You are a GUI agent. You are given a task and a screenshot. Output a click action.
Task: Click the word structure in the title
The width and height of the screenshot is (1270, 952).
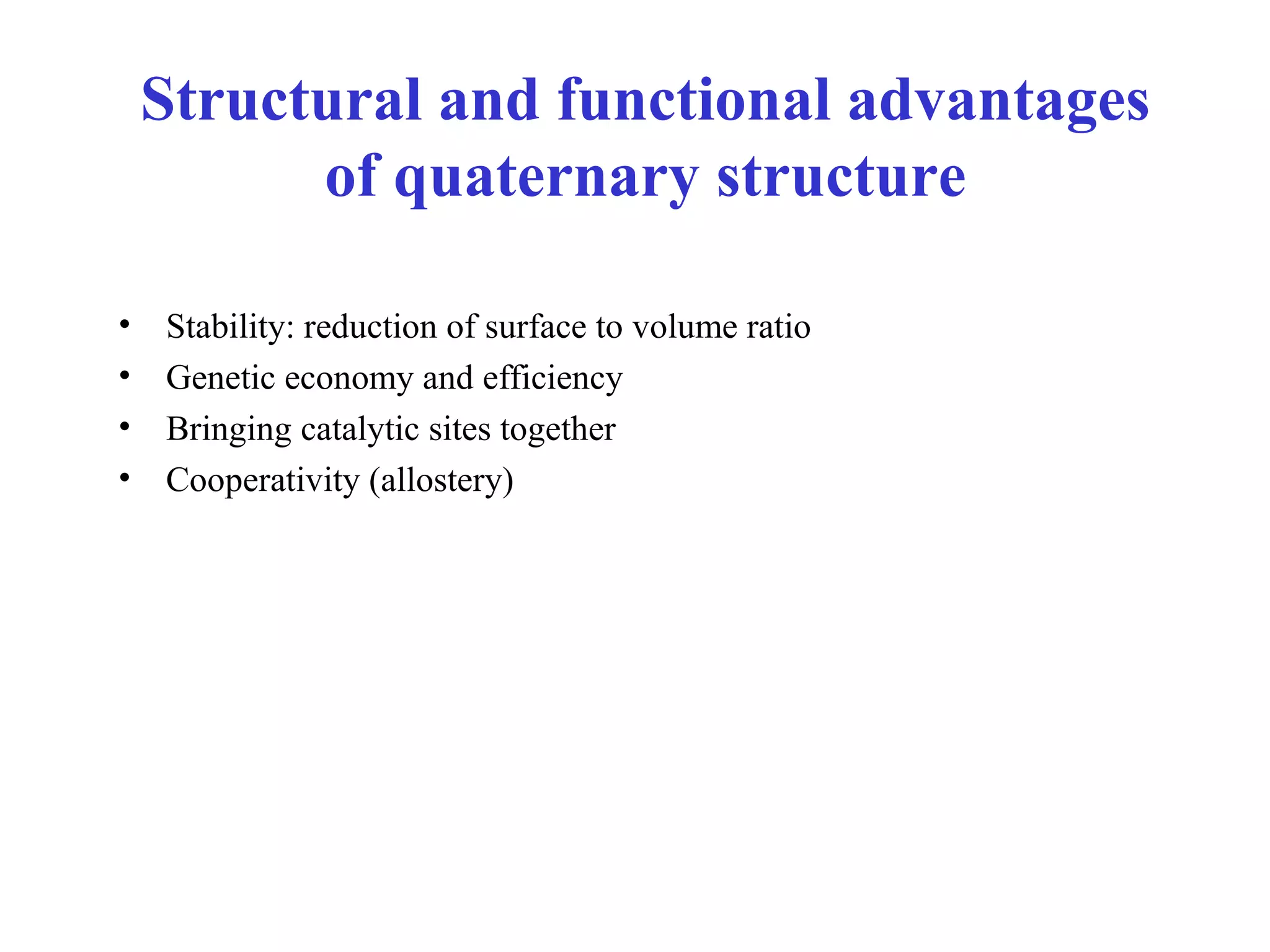(x=841, y=177)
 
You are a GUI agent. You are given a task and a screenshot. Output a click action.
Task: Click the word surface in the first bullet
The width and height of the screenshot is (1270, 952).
(x=535, y=327)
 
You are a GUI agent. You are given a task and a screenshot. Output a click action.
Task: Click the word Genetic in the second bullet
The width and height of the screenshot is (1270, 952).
(x=220, y=377)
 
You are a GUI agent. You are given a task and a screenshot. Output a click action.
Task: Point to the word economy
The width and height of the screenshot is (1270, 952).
(x=349, y=379)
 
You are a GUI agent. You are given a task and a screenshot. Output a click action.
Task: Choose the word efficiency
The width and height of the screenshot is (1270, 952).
(x=553, y=378)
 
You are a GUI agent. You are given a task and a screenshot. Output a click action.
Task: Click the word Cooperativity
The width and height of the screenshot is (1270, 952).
(x=263, y=480)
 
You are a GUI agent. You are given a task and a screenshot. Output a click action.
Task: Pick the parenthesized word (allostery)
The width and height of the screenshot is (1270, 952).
(x=442, y=480)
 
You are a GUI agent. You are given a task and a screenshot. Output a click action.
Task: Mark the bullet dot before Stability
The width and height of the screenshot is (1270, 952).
(x=125, y=324)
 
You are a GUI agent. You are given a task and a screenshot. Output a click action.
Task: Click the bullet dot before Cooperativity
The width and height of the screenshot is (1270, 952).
(x=125, y=477)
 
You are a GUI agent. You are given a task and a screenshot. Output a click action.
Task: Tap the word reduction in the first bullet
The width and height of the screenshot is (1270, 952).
(x=370, y=327)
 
